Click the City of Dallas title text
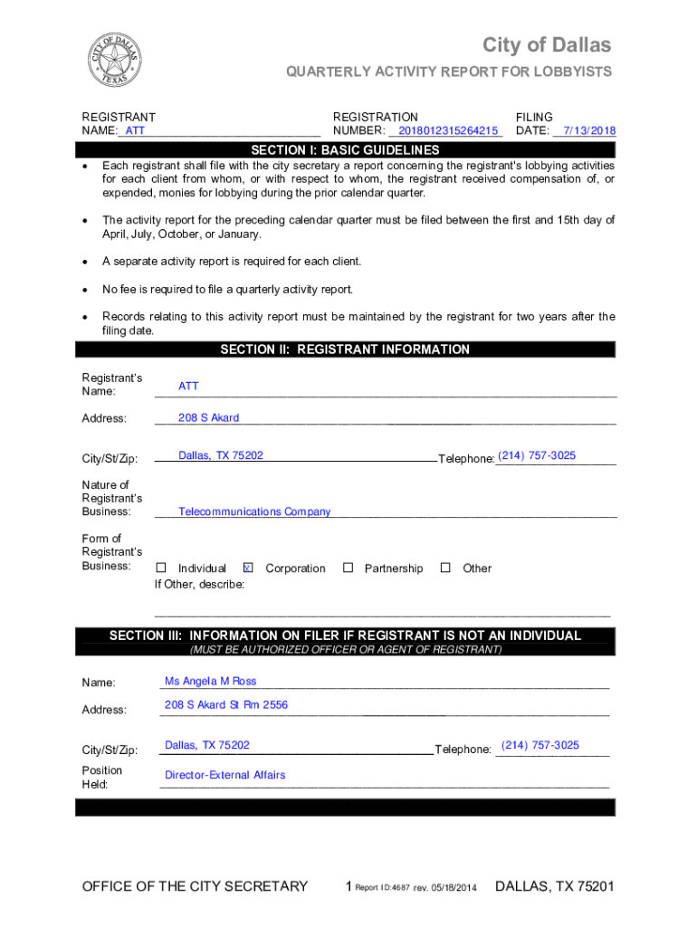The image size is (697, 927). [x=546, y=45]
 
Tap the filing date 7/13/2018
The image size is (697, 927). [x=588, y=130]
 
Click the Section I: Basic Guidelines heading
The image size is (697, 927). [x=345, y=150]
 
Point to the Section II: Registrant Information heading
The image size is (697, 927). [x=345, y=349]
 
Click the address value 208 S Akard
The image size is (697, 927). [x=208, y=417]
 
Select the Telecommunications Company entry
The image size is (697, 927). [x=254, y=511]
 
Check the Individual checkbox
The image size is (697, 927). [x=161, y=568]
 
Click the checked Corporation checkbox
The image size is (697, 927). [x=248, y=568]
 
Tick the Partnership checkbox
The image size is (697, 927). [x=348, y=568]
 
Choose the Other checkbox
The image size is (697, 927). [x=445, y=568]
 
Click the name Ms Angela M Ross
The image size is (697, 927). [x=210, y=681]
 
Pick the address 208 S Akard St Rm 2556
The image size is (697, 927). [x=226, y=704]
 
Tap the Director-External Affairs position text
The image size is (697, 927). [x=224, y=775]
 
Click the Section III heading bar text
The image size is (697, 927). [x=345, y=636]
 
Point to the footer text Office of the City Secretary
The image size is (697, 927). [x=195, y=886]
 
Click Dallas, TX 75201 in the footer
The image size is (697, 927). [x=554, y=886]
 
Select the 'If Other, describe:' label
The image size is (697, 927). [x=199, y=585]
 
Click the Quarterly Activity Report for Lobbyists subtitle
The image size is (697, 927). [x=449, y=72]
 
